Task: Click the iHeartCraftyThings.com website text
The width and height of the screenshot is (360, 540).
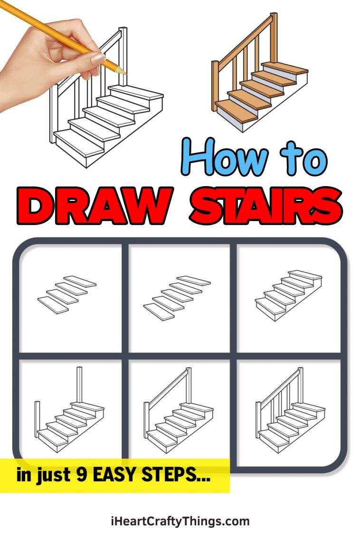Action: point(180,521)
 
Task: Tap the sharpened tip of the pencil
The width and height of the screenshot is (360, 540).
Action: point(124,73)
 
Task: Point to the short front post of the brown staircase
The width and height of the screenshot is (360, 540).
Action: point(215,85)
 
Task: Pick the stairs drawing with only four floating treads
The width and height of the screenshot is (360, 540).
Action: point(66,294)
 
